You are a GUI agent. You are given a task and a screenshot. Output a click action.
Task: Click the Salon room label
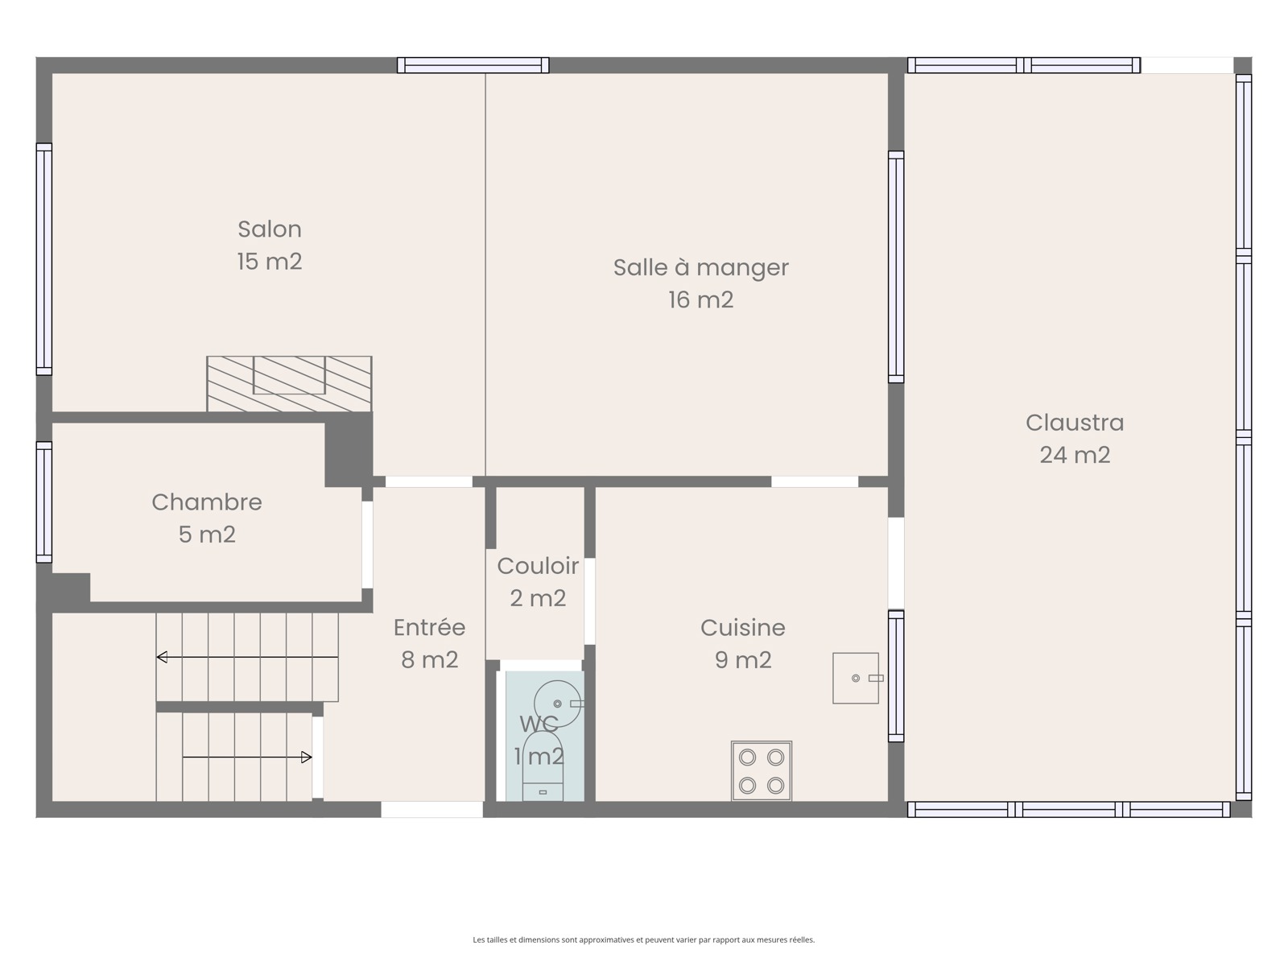[270, 229]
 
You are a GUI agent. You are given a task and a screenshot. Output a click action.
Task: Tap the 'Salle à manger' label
[700, 267]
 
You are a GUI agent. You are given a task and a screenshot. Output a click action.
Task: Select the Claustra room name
[1075, 423]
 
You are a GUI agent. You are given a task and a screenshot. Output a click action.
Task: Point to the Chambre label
[207, 502]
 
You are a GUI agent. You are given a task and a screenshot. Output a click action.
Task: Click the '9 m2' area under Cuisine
[742, 660]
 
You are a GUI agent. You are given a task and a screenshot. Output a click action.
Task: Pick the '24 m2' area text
[1075, 455]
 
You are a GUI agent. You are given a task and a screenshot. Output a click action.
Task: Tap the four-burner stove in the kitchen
[761, 770]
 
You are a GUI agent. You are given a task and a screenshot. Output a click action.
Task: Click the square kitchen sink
[856, 678]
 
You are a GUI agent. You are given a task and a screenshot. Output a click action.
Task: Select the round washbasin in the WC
[557, 704]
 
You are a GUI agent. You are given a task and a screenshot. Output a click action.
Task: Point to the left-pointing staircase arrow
[247, 658]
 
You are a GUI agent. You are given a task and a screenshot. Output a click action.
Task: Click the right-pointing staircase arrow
[247, 758]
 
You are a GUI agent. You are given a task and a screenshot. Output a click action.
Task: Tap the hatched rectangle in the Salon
[289, 384]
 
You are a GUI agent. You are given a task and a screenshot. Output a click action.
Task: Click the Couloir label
[538, 566]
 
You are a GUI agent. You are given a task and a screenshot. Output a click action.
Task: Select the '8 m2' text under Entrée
[430, 660]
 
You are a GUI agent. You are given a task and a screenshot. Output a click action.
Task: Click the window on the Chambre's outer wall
[44, 502]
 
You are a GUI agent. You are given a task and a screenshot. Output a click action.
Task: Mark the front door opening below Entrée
[431, 809]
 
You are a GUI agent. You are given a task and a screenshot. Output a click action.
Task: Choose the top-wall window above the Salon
[473, 65]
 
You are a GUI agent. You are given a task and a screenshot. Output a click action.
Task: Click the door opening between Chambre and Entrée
[367, 544]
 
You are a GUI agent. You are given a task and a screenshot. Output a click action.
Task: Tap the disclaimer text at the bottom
[644, 939]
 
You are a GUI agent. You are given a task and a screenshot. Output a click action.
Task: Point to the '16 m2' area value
[700, 299]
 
